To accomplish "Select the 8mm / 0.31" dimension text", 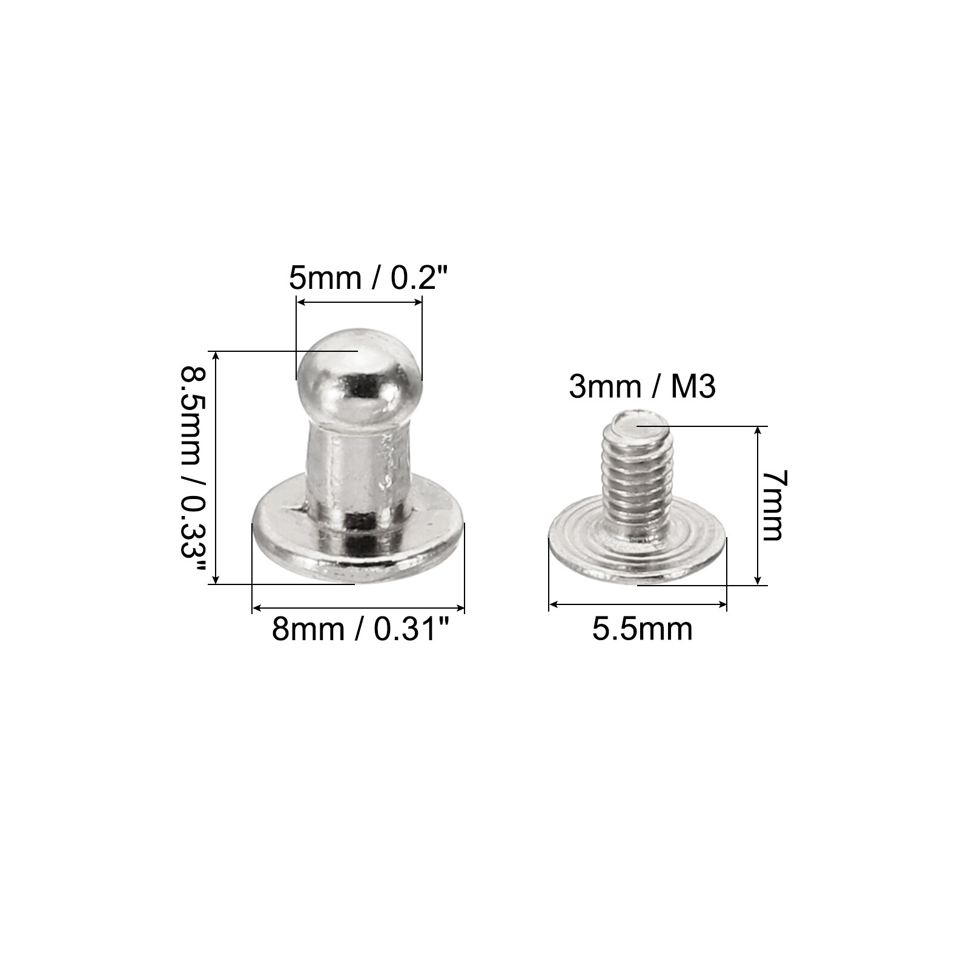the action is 362,629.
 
